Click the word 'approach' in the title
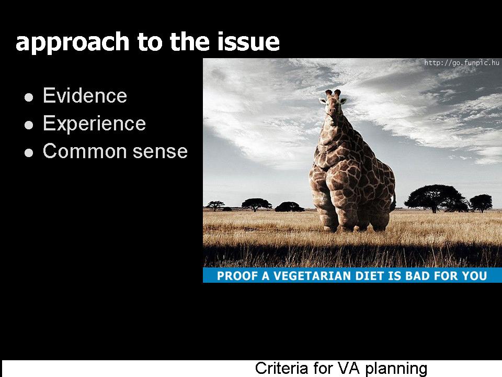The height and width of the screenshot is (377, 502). (x=72, y=42)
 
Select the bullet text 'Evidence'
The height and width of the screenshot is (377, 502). (x=85, y=95)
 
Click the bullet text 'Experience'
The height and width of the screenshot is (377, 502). (x=95, y=124)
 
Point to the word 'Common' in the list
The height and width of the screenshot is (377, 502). (x=85, y=151)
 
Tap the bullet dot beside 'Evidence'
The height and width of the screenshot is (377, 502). (x=29, y=97)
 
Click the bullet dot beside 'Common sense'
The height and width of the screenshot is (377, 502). (x=29, y=152)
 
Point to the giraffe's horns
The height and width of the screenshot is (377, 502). (x=333, y=93)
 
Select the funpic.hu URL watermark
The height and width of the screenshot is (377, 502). (x=462, y=62)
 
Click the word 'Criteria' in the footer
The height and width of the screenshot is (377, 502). (x=279, y=368)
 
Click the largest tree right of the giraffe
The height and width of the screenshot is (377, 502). (x=436, y=198)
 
